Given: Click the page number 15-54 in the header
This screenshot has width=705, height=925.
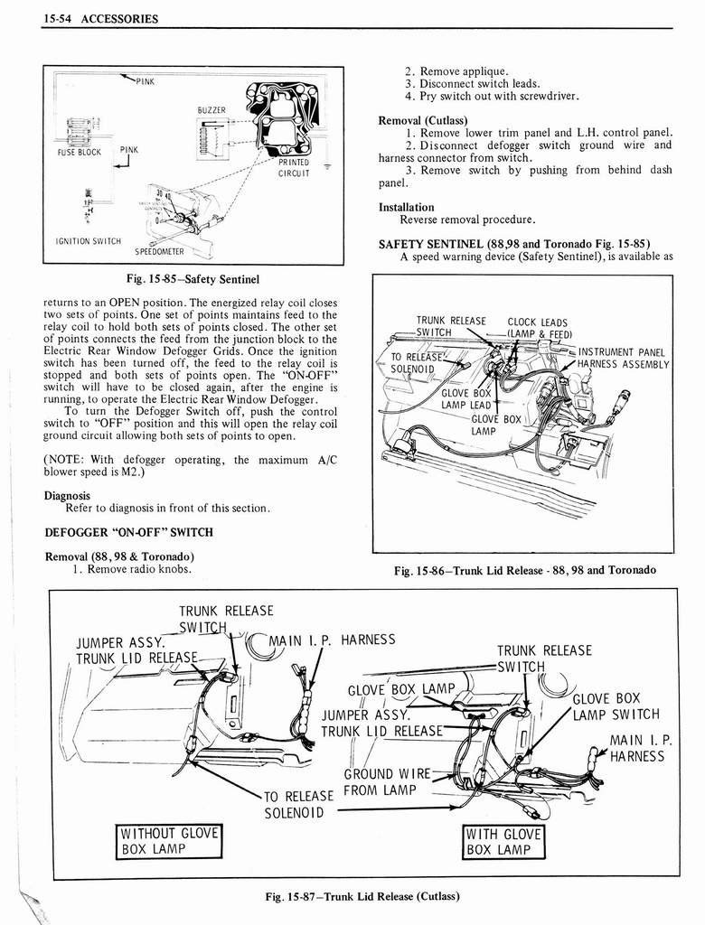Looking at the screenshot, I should [56, 19].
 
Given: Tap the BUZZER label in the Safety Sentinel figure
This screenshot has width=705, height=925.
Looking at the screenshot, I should [211, 109].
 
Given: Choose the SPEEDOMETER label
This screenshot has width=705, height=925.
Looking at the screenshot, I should [159, 252].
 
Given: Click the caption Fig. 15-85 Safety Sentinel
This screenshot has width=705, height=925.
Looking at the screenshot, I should [191, 277].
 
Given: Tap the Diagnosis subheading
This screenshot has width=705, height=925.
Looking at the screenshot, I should [67, 495].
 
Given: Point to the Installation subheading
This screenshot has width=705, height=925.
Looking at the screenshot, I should [406, 207].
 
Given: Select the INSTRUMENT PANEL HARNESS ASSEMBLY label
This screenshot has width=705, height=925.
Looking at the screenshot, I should [623, 359].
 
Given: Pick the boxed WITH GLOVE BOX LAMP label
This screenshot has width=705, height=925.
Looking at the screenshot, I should [503, 842].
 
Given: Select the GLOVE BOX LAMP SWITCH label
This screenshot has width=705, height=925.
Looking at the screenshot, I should [617, 706].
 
